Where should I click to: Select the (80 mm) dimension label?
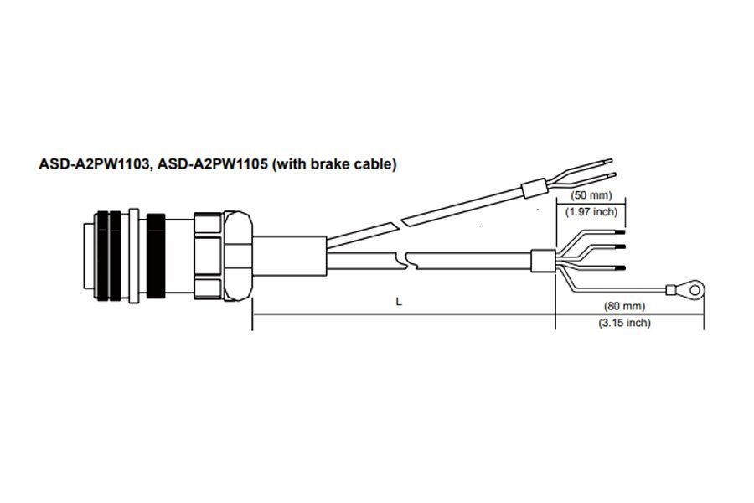[x=624, y=306]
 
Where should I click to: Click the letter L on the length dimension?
[x=399, y=303]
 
